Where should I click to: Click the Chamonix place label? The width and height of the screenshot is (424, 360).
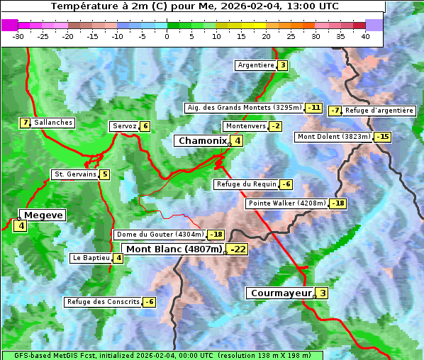[x=202, y=141]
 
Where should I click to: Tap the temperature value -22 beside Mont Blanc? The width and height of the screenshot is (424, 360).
[x=238, y=249]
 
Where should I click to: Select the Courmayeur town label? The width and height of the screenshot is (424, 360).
[x=280, y=293]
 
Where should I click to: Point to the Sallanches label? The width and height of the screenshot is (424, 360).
[x=53, y=123]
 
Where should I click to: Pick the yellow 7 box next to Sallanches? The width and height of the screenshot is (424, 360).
[x=26, y=123]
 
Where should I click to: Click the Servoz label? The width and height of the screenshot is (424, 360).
[x=124, y=126]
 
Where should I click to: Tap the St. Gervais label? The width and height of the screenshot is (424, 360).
[x=75, y=174]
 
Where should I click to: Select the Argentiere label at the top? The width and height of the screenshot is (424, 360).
[x=256, y=65]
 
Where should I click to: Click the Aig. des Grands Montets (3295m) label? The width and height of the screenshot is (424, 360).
[x=244, y=108]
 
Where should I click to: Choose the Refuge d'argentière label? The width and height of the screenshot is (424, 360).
[x=379, y=111]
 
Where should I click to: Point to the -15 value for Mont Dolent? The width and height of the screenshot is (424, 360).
[x=383, y=137]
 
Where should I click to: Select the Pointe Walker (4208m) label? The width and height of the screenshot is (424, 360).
[x=286, y=203]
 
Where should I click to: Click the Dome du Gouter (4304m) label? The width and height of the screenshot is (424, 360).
[x=160, y=235]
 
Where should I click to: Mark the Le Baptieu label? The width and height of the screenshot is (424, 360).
[x=91, y=258]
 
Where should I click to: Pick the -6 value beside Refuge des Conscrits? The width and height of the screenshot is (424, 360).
[x=149, y=302]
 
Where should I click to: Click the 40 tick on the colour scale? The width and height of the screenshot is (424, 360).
[x=365, y=36]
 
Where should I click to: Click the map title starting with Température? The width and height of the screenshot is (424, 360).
[x=195, y=6]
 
